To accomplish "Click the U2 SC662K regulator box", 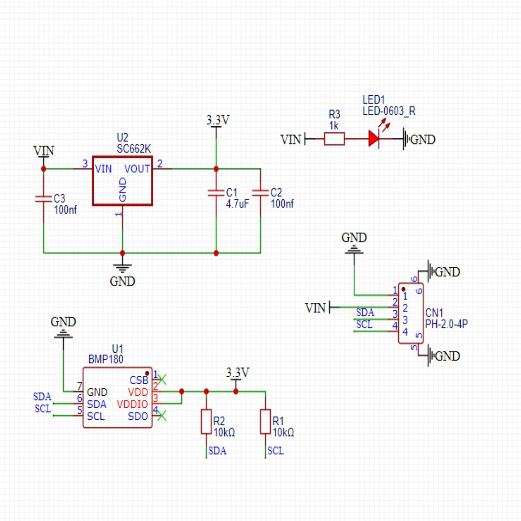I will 122,181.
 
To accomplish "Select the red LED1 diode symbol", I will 373,139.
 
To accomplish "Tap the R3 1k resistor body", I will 334,139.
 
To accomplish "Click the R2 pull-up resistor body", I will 206,421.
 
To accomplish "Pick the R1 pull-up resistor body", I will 265,421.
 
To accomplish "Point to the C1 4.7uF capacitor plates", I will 216,193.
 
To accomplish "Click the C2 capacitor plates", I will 260,193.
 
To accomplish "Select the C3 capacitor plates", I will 44,199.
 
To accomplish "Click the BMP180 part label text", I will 106,359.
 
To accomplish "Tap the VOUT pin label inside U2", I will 137,169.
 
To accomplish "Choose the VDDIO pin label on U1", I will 132,404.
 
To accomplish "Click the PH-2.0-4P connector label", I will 446,324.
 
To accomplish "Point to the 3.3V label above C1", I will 218,120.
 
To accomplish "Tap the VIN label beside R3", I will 290,140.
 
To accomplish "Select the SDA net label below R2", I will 217,451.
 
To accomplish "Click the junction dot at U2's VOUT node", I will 216,169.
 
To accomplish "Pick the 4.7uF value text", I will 237,204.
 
